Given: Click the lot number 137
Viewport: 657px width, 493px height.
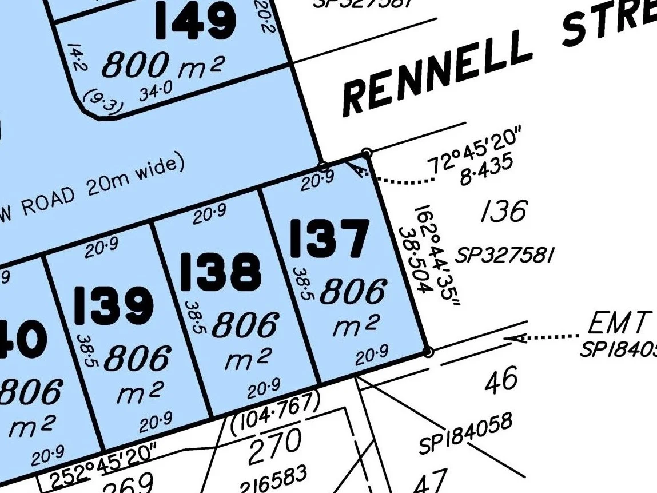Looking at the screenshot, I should pos(329,238).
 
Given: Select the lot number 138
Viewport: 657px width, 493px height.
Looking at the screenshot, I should pos(221,271).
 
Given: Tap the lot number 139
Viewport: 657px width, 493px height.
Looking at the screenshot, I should pos(114,305).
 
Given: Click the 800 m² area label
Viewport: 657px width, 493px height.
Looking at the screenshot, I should pos(162,66).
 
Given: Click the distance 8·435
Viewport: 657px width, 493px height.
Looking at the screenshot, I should pos(486,169).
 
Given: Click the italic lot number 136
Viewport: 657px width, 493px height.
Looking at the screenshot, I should pos(503,212).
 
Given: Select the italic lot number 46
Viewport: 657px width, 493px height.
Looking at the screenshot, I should pos(501,380).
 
